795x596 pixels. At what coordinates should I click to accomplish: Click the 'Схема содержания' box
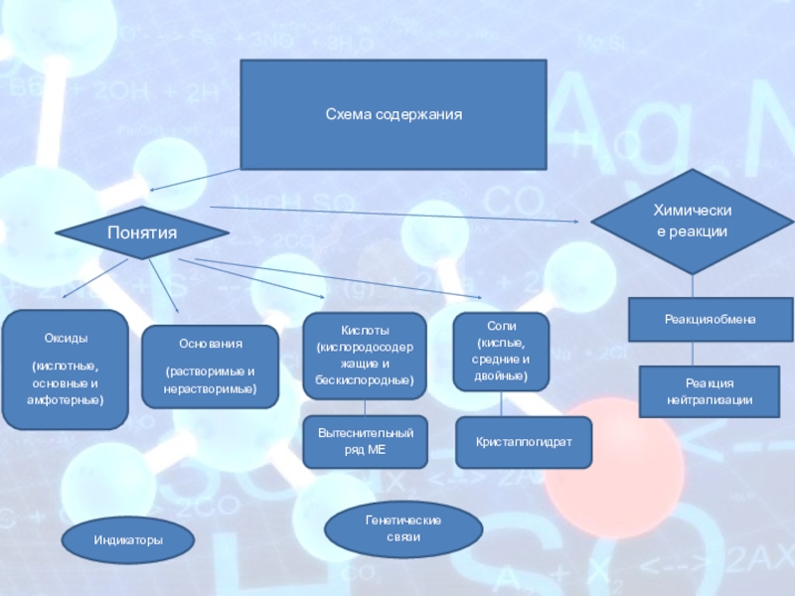tap(394, 114)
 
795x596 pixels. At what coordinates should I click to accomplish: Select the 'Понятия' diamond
tap(141, 232)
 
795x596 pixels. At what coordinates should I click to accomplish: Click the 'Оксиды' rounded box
tap(65, 370)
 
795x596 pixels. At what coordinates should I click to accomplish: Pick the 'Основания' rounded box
tap(210, 368)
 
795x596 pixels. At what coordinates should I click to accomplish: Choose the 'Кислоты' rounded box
tap(364, 356)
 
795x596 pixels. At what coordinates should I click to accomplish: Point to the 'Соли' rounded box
tap(501, 353)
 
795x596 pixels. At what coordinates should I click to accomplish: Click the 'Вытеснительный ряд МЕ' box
tap(364, 442)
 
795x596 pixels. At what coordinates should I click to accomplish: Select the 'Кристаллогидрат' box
tap(523, 442)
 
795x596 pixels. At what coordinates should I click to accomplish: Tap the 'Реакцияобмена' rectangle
tap(710, 319)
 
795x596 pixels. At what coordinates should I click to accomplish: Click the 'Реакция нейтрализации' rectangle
tap(710, 390)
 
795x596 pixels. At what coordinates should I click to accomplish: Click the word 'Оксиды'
tap(65, 338)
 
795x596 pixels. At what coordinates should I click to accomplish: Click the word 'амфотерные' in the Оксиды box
tap(65, 398)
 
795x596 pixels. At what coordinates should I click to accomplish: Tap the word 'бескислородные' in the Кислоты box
tap(364, 380)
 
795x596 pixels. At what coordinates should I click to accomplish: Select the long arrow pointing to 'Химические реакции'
tap(397, 213)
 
